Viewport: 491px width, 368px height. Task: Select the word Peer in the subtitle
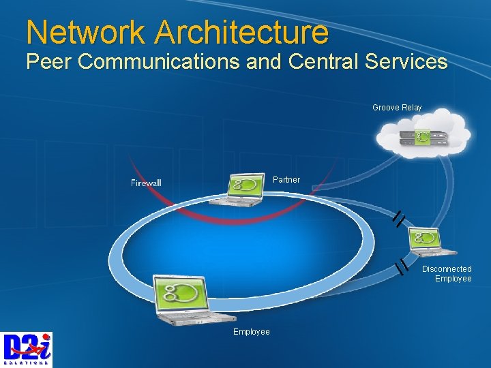point(49,62)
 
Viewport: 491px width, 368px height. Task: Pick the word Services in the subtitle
point(406,62)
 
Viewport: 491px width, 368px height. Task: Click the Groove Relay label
point(397,108)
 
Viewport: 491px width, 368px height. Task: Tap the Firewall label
point(146,183)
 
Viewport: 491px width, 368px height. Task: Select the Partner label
point(286,180)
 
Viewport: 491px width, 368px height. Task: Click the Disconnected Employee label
point(447,274)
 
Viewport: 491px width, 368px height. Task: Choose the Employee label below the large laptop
point(252,332)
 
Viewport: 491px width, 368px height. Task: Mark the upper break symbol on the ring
point(400,218)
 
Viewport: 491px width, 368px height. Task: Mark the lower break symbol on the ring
point(402,266)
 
